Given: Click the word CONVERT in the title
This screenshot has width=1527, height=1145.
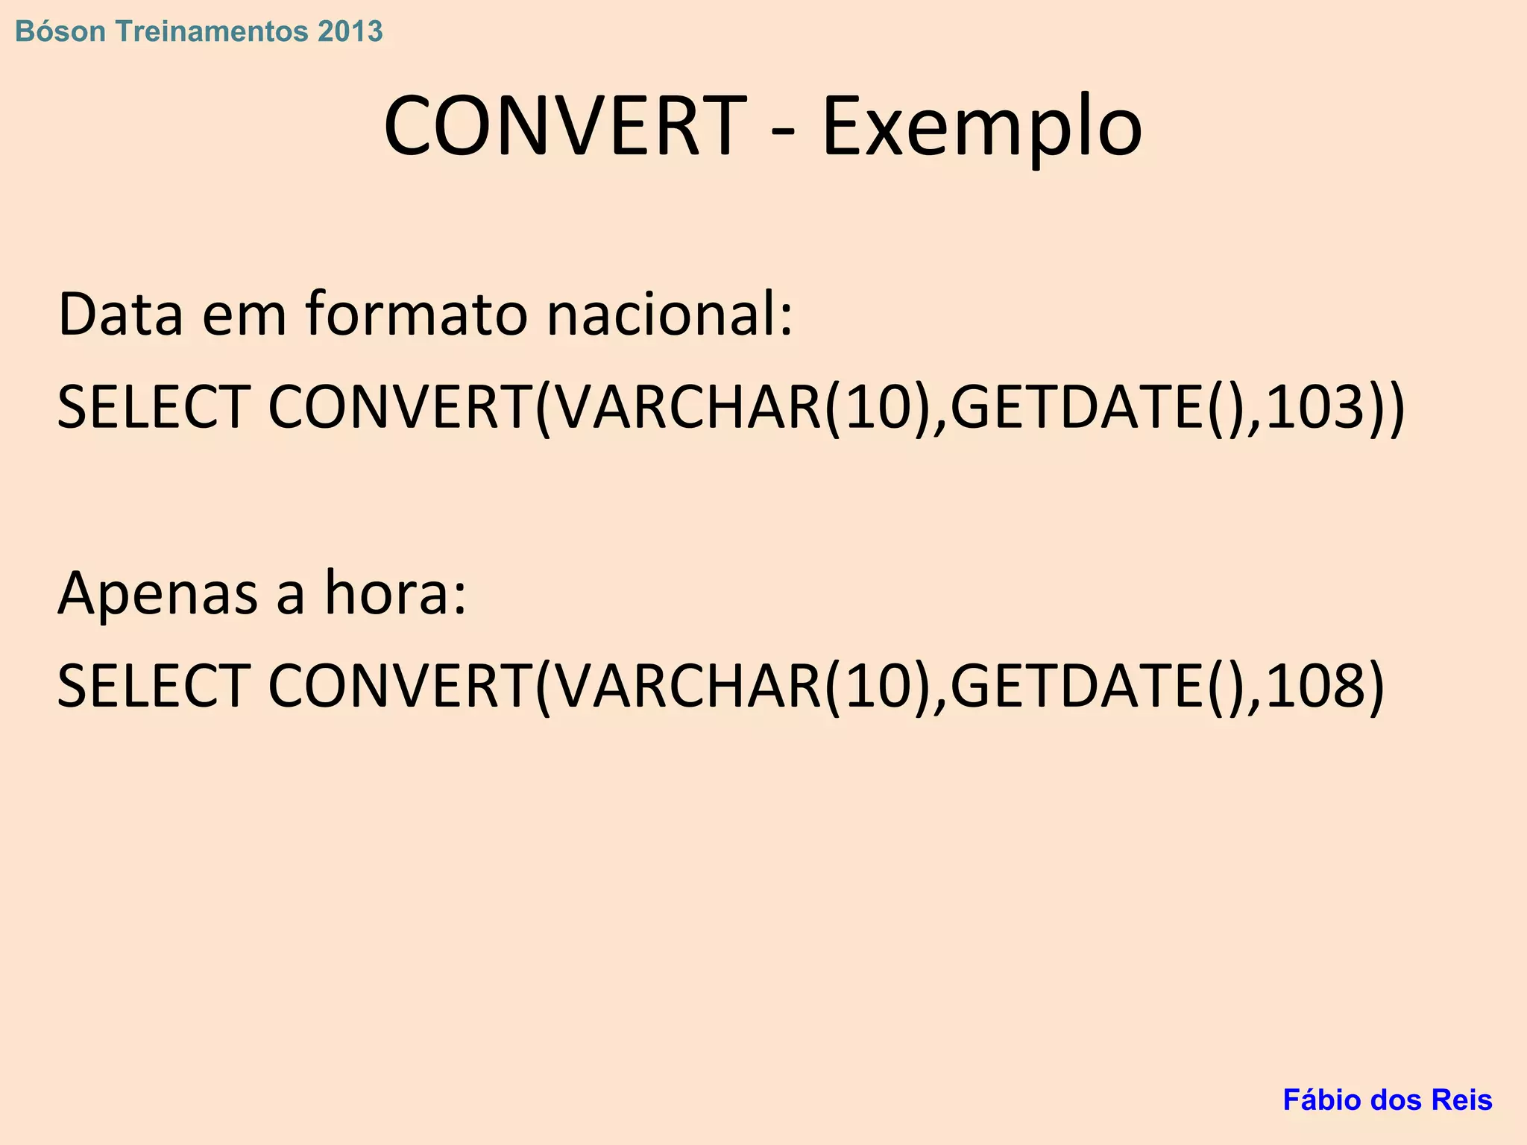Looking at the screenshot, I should point(564,125).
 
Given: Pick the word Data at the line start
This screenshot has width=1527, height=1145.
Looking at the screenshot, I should point(120,315).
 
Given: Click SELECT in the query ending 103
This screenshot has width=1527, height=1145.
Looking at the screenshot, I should point(153,407).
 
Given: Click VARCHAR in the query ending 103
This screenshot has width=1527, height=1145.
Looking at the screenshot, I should point(688,407).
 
